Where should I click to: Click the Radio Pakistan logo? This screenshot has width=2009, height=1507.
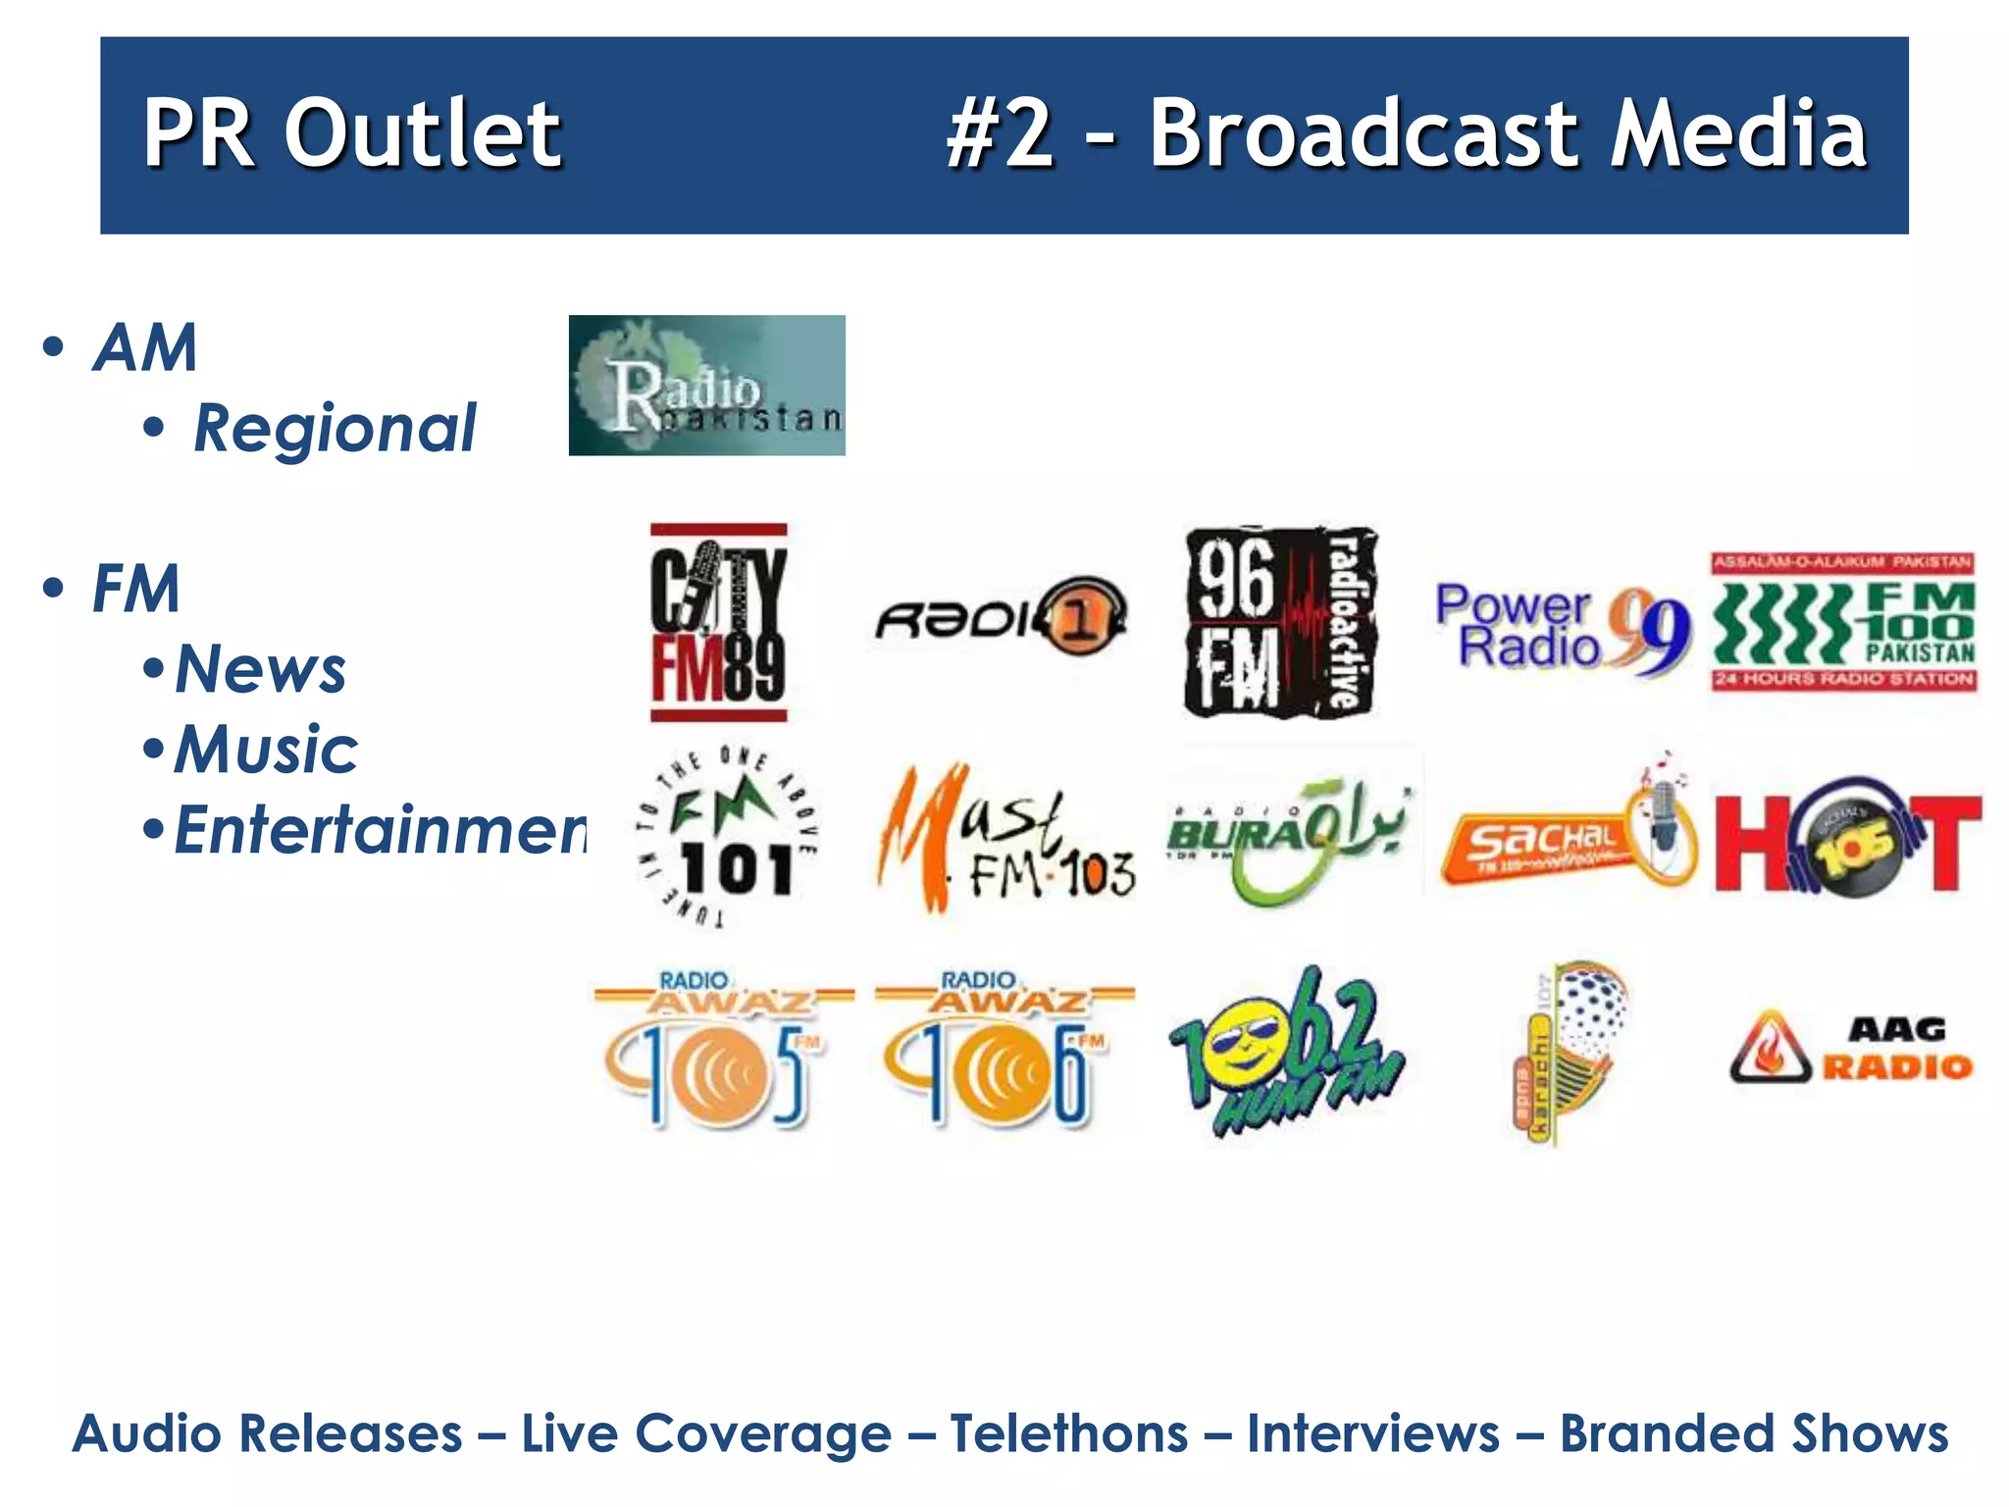tap(706, 385)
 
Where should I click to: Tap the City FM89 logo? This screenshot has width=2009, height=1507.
tap(719, 623)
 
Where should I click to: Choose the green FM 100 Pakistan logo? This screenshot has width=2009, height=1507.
tap(1844, 623)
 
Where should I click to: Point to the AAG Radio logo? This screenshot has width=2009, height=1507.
tap(1850, 1048)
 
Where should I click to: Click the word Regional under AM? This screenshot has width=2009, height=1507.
tap(335, 429)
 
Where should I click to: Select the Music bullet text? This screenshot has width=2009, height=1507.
tap(266, 750)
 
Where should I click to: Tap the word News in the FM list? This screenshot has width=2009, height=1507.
tap(260, 669)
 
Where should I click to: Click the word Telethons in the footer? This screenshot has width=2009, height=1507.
tap(1069, 1433)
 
